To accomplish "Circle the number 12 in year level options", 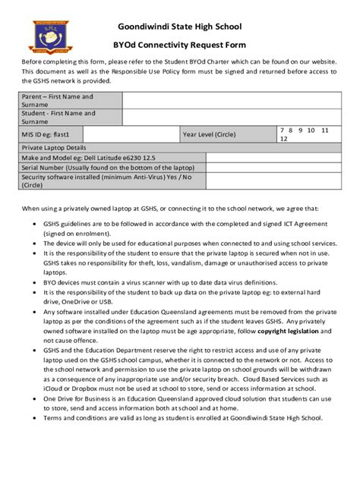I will (x=284, y=140).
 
